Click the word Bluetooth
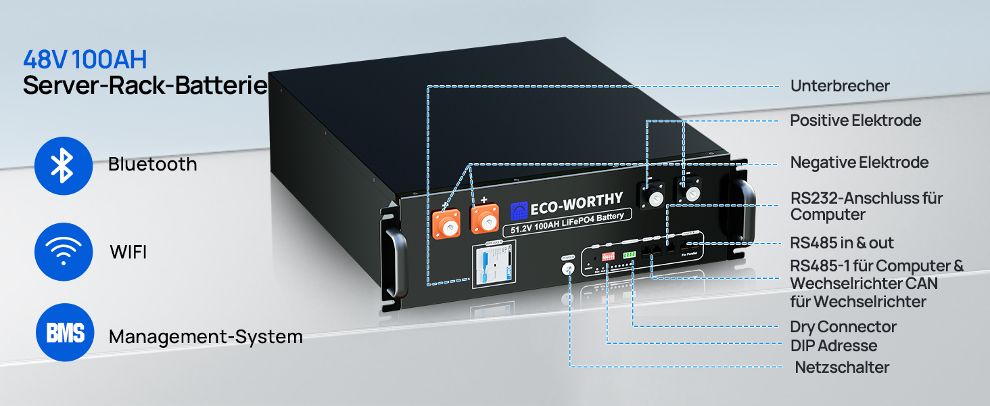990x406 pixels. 152,164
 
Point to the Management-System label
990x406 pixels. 206,336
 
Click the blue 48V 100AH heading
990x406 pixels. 85,60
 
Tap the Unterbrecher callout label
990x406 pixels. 840,86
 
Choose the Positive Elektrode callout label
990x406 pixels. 855,120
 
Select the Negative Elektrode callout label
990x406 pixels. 859,162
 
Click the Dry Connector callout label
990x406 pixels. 843,327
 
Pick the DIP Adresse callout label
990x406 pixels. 833,346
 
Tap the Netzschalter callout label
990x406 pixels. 842,367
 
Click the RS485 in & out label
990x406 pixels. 842,243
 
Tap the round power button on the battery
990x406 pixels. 568,269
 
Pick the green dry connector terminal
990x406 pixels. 630,254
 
